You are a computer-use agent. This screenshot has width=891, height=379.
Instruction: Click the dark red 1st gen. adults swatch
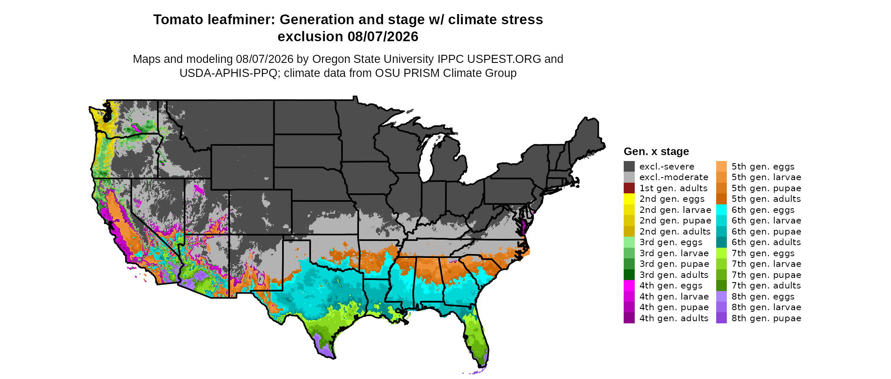tap(629, 188)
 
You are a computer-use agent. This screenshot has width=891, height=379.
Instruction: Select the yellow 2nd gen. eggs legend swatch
tap(629, 199)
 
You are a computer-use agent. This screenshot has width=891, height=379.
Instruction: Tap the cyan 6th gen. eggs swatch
tap(721, 210)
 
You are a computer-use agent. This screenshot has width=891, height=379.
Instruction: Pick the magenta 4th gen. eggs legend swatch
tap(629, 286)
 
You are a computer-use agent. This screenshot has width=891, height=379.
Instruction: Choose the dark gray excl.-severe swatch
tap(629, 167)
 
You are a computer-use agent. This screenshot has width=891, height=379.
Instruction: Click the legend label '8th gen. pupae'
tap(766, 318)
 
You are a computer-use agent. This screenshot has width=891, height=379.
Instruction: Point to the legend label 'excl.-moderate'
tap(674, 177)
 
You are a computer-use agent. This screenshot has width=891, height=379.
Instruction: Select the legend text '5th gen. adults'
tap(766, 199)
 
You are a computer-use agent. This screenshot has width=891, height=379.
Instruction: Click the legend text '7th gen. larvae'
tap(766, 264)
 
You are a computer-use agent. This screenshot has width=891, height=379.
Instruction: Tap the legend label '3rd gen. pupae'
tap(674, 264)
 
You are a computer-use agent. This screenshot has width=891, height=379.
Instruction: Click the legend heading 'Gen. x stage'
tap(656, 151)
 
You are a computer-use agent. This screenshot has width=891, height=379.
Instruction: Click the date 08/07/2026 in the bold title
tap(383, 37)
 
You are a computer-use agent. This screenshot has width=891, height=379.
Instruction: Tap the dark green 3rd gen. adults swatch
tap(629, 275)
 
